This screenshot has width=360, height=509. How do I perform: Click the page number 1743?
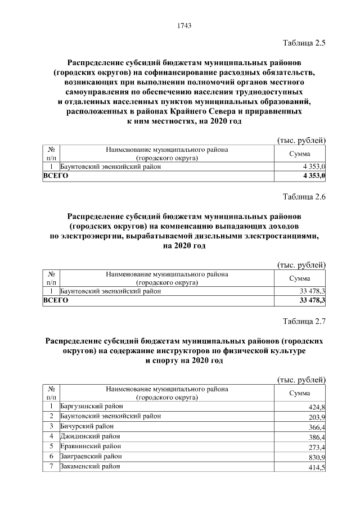tap(184, 25)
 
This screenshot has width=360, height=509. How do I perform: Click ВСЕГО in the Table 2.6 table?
tap(56, 301)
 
